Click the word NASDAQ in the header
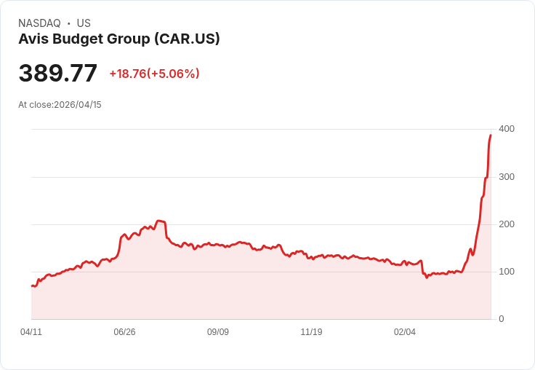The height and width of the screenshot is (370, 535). pos(39,23)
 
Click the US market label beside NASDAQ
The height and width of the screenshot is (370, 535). pos(84,23)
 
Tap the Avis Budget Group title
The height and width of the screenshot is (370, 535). pos(84,39)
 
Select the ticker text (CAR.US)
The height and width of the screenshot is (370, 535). pos(187,39)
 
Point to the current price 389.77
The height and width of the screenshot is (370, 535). pos(57,74)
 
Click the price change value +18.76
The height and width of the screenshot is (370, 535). pos(128,74)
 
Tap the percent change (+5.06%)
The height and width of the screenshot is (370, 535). pos(174,74)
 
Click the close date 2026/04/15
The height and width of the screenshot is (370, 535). pos(78,105)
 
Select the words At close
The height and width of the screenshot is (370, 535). pos(35,105)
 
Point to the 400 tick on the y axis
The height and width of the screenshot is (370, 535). pos(507,129)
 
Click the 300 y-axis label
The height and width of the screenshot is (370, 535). pos(507,177)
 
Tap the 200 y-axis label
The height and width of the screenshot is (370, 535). pos(507,224)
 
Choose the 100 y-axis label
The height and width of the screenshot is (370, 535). pos(507,272)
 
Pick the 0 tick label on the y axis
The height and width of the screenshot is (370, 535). pos(502,319)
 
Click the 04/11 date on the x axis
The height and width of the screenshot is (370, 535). pos(31,332)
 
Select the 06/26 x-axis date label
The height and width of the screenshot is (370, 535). pos(124,332)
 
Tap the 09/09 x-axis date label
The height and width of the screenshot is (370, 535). pos(218,332)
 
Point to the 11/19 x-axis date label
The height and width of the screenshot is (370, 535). pos(311,332)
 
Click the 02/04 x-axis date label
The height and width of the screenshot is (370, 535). pos(405,332)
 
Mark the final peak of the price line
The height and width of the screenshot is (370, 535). pos(491,135)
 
